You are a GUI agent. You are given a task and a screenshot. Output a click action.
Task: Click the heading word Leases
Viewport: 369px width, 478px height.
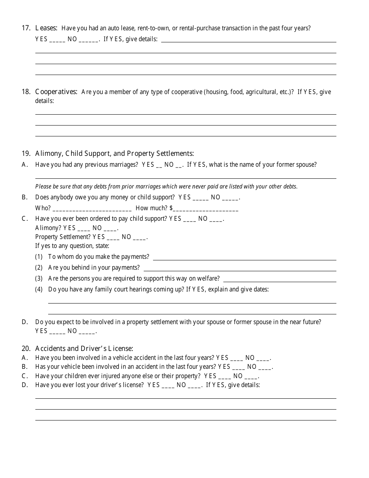tap(46, 28)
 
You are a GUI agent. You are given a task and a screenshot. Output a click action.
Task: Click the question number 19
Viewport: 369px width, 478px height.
tap(26, 154)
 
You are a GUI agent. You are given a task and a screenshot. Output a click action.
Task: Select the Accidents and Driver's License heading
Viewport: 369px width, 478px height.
tap(84, 349)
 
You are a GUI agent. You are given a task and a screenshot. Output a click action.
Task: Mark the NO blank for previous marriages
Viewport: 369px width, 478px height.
tap(179, 165)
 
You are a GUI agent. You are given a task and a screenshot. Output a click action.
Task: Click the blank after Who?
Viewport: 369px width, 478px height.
tap(92, 209)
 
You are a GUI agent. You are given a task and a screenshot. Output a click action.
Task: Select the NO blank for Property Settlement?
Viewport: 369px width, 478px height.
tap(139, 237)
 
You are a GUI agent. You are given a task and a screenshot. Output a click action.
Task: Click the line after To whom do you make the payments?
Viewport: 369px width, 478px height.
tap(245, 257)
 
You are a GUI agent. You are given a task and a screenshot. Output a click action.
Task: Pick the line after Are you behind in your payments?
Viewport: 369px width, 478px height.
tap(240, 268)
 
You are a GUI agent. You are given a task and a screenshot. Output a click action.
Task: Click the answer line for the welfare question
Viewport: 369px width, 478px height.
tap(280, 279)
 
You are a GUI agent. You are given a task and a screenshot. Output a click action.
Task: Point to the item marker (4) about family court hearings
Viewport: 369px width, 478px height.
tap(39, 290)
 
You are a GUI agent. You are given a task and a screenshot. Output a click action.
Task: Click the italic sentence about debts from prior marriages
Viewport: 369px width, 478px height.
tap(166, 187)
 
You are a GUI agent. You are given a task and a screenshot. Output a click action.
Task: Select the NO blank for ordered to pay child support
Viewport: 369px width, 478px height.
tap(216, 219)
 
